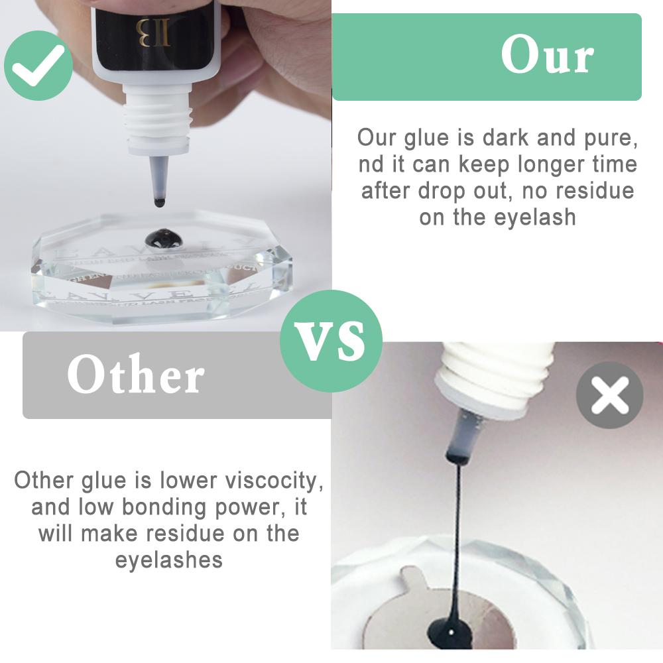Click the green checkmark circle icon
click(38, 65)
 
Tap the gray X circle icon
click(609, 396)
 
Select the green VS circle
click(331, 341)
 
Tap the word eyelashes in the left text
click(168, 560)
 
